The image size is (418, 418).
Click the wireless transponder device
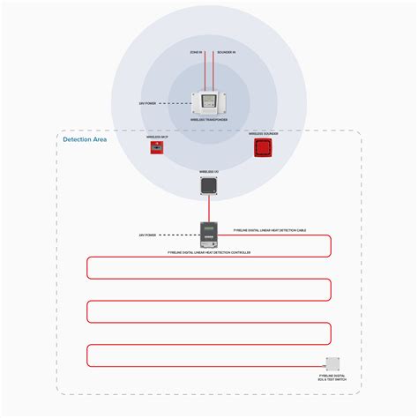pyautogui.click(x=209, y=103)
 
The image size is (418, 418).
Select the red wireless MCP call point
pyautogui.click(x=157, y=148)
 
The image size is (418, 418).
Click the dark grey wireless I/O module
pyautogui.click(x=209, y=185)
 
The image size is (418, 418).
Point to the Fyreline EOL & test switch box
pyautogui.click(x=332, y=362)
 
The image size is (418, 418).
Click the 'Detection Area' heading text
pyautogui.click(x=85, y=139)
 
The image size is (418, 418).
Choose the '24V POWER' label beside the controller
pyautogui.click(x=147, y=235)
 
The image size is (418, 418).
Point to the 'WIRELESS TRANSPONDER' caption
pyautogui.click(x=209, y=121)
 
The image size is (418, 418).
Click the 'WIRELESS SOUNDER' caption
pyautogui.click(x=262, y=133)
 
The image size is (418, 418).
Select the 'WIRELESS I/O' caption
pyautogui.click(x=209, y=172)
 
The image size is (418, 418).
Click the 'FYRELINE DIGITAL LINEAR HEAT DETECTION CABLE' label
pyautogui.click(x=270, y=230)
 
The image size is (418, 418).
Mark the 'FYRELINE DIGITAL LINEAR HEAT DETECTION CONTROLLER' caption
pyautogui.click(x=209, y=252)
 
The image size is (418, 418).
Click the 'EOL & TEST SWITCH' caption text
pyautogui.click(x=332, y=377)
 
